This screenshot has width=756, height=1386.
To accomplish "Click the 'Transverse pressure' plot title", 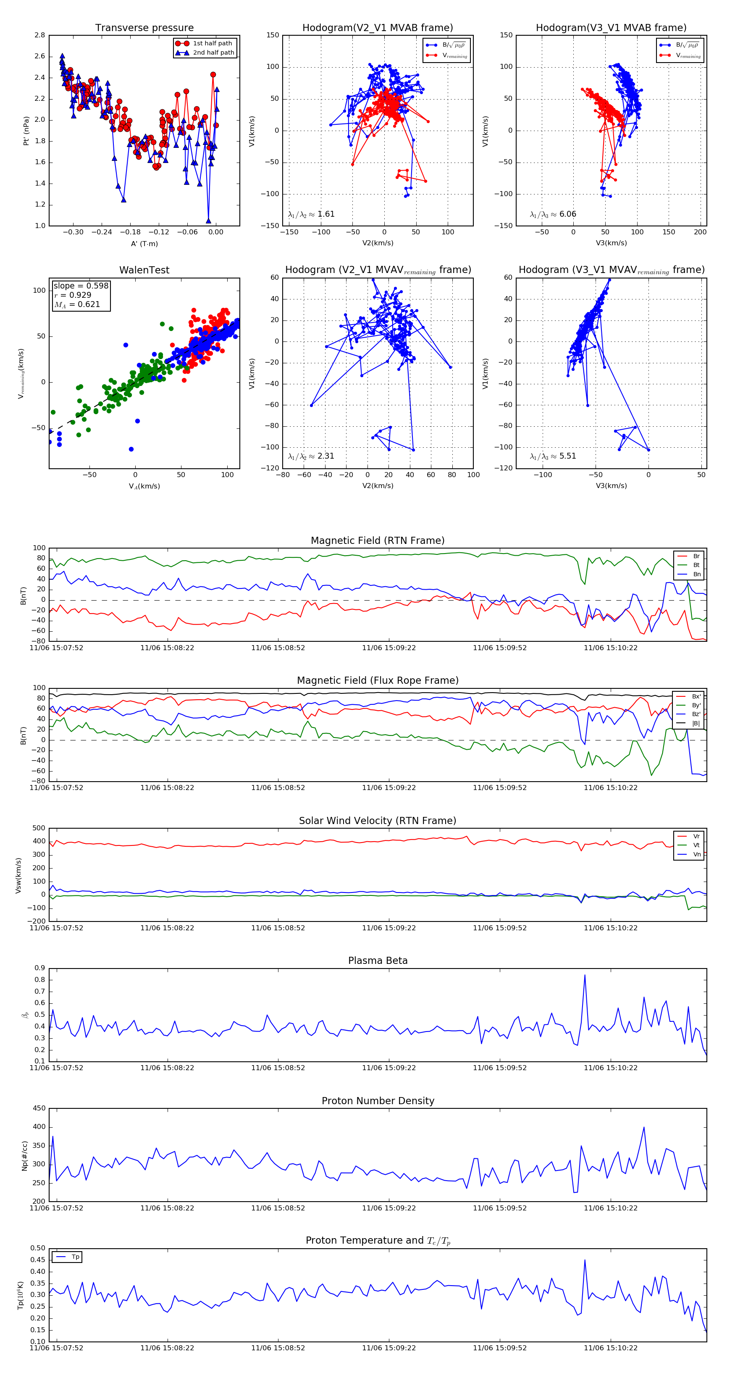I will [144, 28].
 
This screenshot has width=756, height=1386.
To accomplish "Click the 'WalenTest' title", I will [144, 270].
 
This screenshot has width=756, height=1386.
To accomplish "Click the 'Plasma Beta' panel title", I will [378, 961].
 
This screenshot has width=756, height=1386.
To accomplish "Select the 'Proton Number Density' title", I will [378, 1101].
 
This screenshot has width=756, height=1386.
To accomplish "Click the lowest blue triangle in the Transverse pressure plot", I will [209, 220].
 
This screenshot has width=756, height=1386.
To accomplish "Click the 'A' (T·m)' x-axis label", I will [144, 244].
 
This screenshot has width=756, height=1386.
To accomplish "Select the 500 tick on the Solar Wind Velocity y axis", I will [39, 828].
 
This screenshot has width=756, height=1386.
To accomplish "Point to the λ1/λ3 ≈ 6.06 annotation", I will [553, 214].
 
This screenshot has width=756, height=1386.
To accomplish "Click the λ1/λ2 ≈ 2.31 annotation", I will [311, 456].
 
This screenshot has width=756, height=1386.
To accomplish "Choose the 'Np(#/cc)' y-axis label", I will [25, 1156].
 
